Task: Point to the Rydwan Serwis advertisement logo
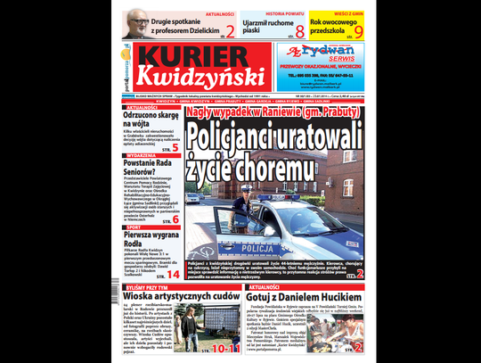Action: tap(317, 57)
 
